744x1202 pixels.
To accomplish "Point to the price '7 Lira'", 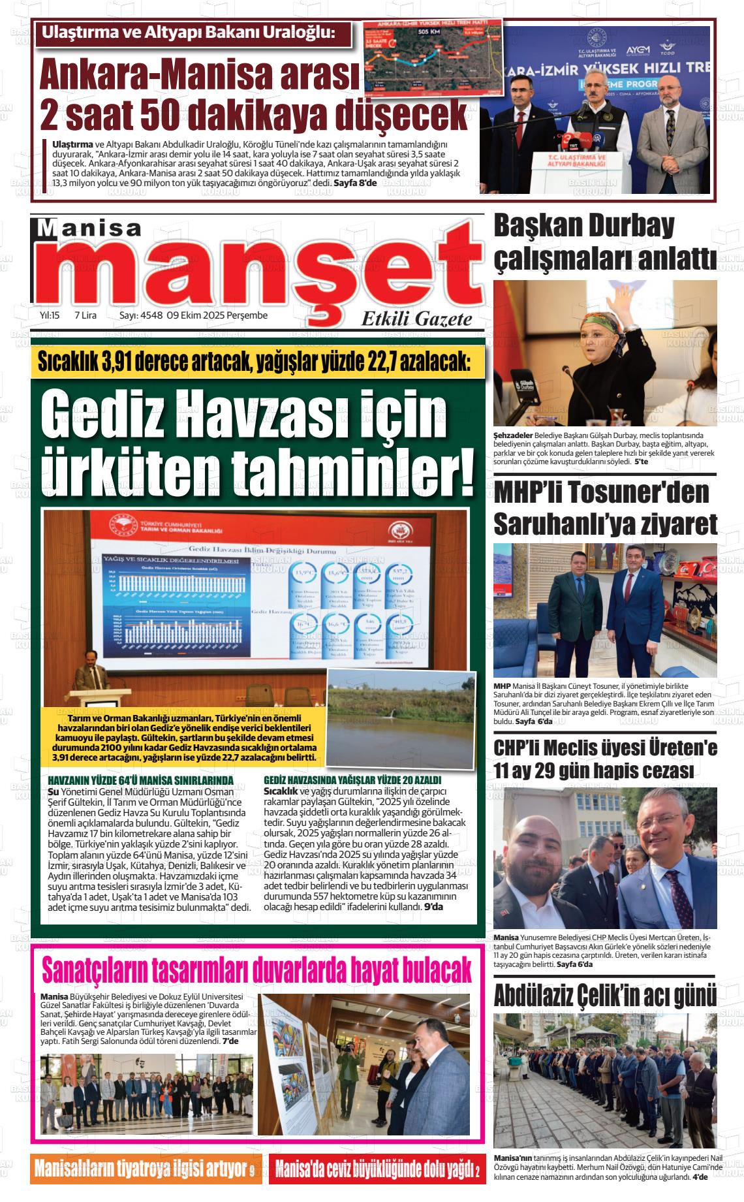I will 85,315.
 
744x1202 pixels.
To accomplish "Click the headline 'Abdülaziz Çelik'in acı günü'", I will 604,996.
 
